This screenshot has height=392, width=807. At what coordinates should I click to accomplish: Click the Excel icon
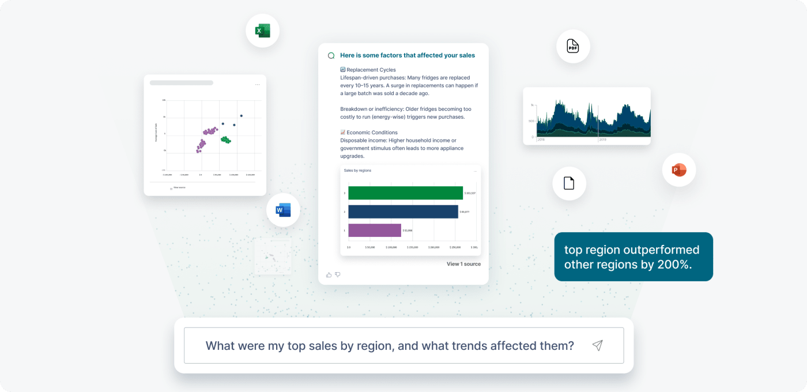click(263, 31)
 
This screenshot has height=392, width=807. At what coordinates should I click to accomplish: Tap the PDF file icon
click(572, 47)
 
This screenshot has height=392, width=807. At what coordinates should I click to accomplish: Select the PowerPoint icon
click(678, 170)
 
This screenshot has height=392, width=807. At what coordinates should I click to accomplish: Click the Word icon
click(283, 210)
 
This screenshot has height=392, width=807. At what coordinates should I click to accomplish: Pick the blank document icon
click(569, 183)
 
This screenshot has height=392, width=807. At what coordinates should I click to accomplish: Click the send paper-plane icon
click(597, 345)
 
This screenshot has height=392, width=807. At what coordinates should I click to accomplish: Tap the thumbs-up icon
click(329, 275)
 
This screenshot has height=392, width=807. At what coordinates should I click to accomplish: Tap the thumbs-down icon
click(338, 275)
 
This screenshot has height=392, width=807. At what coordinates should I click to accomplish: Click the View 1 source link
click(463, 264)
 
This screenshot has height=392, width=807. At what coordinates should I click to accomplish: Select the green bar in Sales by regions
click(405, 193)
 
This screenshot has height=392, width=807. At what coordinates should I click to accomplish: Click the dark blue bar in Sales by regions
click(403, 212)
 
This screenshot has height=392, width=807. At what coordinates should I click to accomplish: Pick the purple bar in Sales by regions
click(375, 230)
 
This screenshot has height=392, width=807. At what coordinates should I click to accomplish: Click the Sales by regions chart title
click(357, 171)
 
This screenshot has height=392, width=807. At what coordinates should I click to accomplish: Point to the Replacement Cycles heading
click(371, 70)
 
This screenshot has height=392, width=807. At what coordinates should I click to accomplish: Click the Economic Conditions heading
click(372, 133)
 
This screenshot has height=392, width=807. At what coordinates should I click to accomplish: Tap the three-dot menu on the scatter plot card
click(257, 85)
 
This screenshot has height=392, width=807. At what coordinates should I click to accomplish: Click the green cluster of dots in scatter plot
click(225, 140)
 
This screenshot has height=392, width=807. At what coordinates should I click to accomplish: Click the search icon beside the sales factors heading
click(331, 56)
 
